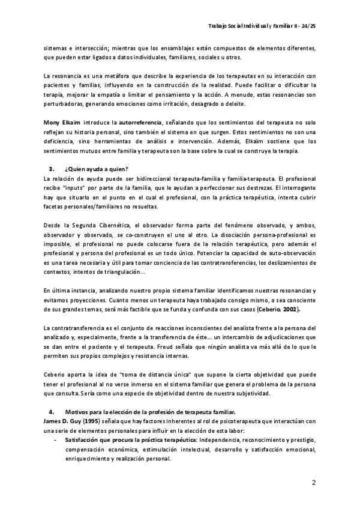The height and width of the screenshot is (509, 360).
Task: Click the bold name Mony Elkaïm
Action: pyautogui.click(x=62, y=121)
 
